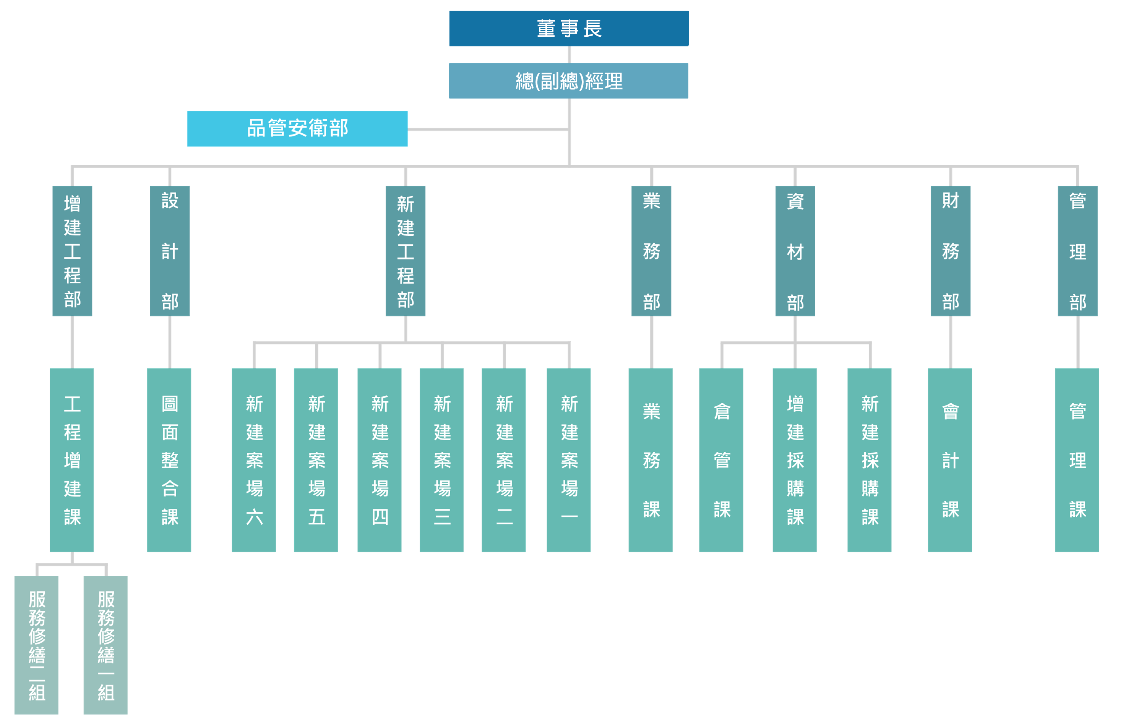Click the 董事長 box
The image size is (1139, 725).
569,28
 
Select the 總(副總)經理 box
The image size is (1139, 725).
569,81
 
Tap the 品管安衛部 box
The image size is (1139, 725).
297,129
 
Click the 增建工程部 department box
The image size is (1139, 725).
72,251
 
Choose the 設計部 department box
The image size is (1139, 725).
170,251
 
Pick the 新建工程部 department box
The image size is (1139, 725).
406,251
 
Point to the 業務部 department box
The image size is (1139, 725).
651,251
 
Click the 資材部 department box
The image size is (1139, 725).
795,251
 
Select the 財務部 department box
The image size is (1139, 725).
950,251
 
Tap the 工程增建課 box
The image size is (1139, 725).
72,460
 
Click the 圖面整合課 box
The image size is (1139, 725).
169,460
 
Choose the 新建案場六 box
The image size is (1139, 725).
254,460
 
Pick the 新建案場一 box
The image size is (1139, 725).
569,460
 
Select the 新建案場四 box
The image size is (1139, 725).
380,460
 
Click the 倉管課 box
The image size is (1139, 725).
721,460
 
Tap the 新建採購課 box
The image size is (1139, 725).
870,460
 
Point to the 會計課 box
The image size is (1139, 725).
950,460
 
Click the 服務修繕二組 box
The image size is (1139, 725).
36,645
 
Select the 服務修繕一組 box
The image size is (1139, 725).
105,645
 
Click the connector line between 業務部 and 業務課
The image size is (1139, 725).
652,342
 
